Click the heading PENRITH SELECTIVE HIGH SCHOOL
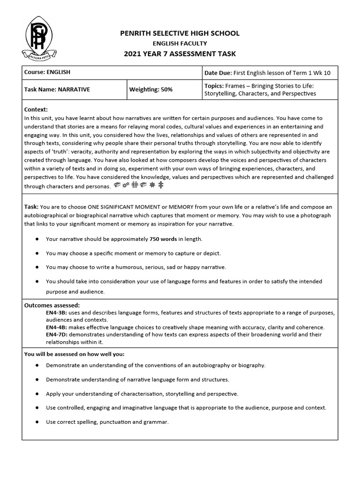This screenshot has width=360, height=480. coord(180,33)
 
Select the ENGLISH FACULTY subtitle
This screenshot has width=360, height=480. coord(180,44)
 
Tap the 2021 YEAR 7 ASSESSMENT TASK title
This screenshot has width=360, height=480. coord(180,54)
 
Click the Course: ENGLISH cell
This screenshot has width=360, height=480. coord(46,73)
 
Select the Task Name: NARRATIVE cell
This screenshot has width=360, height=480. coord(57,89)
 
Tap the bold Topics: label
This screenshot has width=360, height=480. coord(214,86)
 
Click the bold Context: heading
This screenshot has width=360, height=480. coord(36,109)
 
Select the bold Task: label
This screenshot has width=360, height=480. coord(31,207)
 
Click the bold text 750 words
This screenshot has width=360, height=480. coord(163,239)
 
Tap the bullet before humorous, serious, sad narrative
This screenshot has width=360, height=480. coord(37,267)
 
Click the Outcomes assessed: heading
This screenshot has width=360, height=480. coord(52,305)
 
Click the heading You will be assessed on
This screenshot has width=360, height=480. coord(75,354)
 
